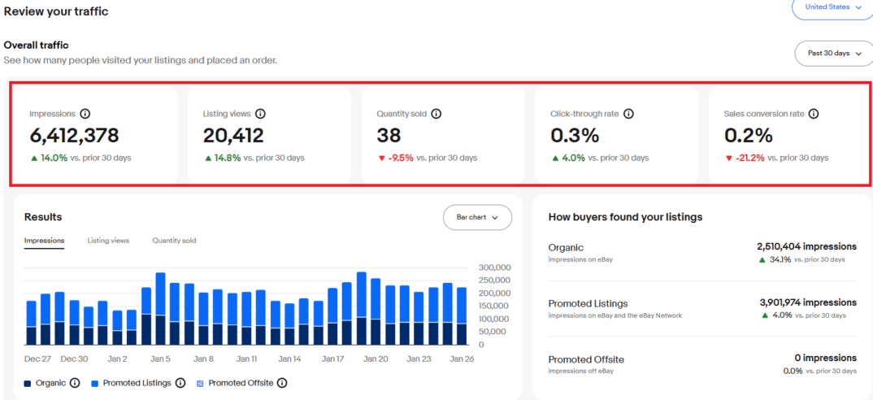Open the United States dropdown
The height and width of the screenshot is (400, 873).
[832, 7]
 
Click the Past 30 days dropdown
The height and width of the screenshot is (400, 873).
[833, 53]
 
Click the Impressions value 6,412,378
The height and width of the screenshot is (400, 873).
[74, 136]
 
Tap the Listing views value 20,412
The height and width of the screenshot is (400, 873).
[233, 136]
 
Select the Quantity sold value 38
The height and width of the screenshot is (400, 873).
[389, 136]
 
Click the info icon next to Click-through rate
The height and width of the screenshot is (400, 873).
[628, 115]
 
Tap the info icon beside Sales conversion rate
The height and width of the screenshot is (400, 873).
[814, 115]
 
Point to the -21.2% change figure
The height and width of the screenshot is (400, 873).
[749, 158]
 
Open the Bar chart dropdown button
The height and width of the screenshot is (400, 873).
[477, 217]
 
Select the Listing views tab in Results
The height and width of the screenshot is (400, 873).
[108, 241]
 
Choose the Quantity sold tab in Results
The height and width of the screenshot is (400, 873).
[174, 241]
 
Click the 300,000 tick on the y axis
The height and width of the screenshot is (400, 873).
[493, 267]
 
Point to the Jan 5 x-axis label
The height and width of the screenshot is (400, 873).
[160, 359]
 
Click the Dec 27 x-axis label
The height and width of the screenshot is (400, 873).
[38, 359]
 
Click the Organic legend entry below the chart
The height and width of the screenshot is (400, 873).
[50, 383]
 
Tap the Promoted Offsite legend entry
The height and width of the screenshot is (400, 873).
[240, 383]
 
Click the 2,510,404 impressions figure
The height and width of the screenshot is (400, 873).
[806, 246]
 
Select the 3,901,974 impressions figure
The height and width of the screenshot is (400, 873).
[808, 302]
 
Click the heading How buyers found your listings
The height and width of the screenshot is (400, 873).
[625, 217]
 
